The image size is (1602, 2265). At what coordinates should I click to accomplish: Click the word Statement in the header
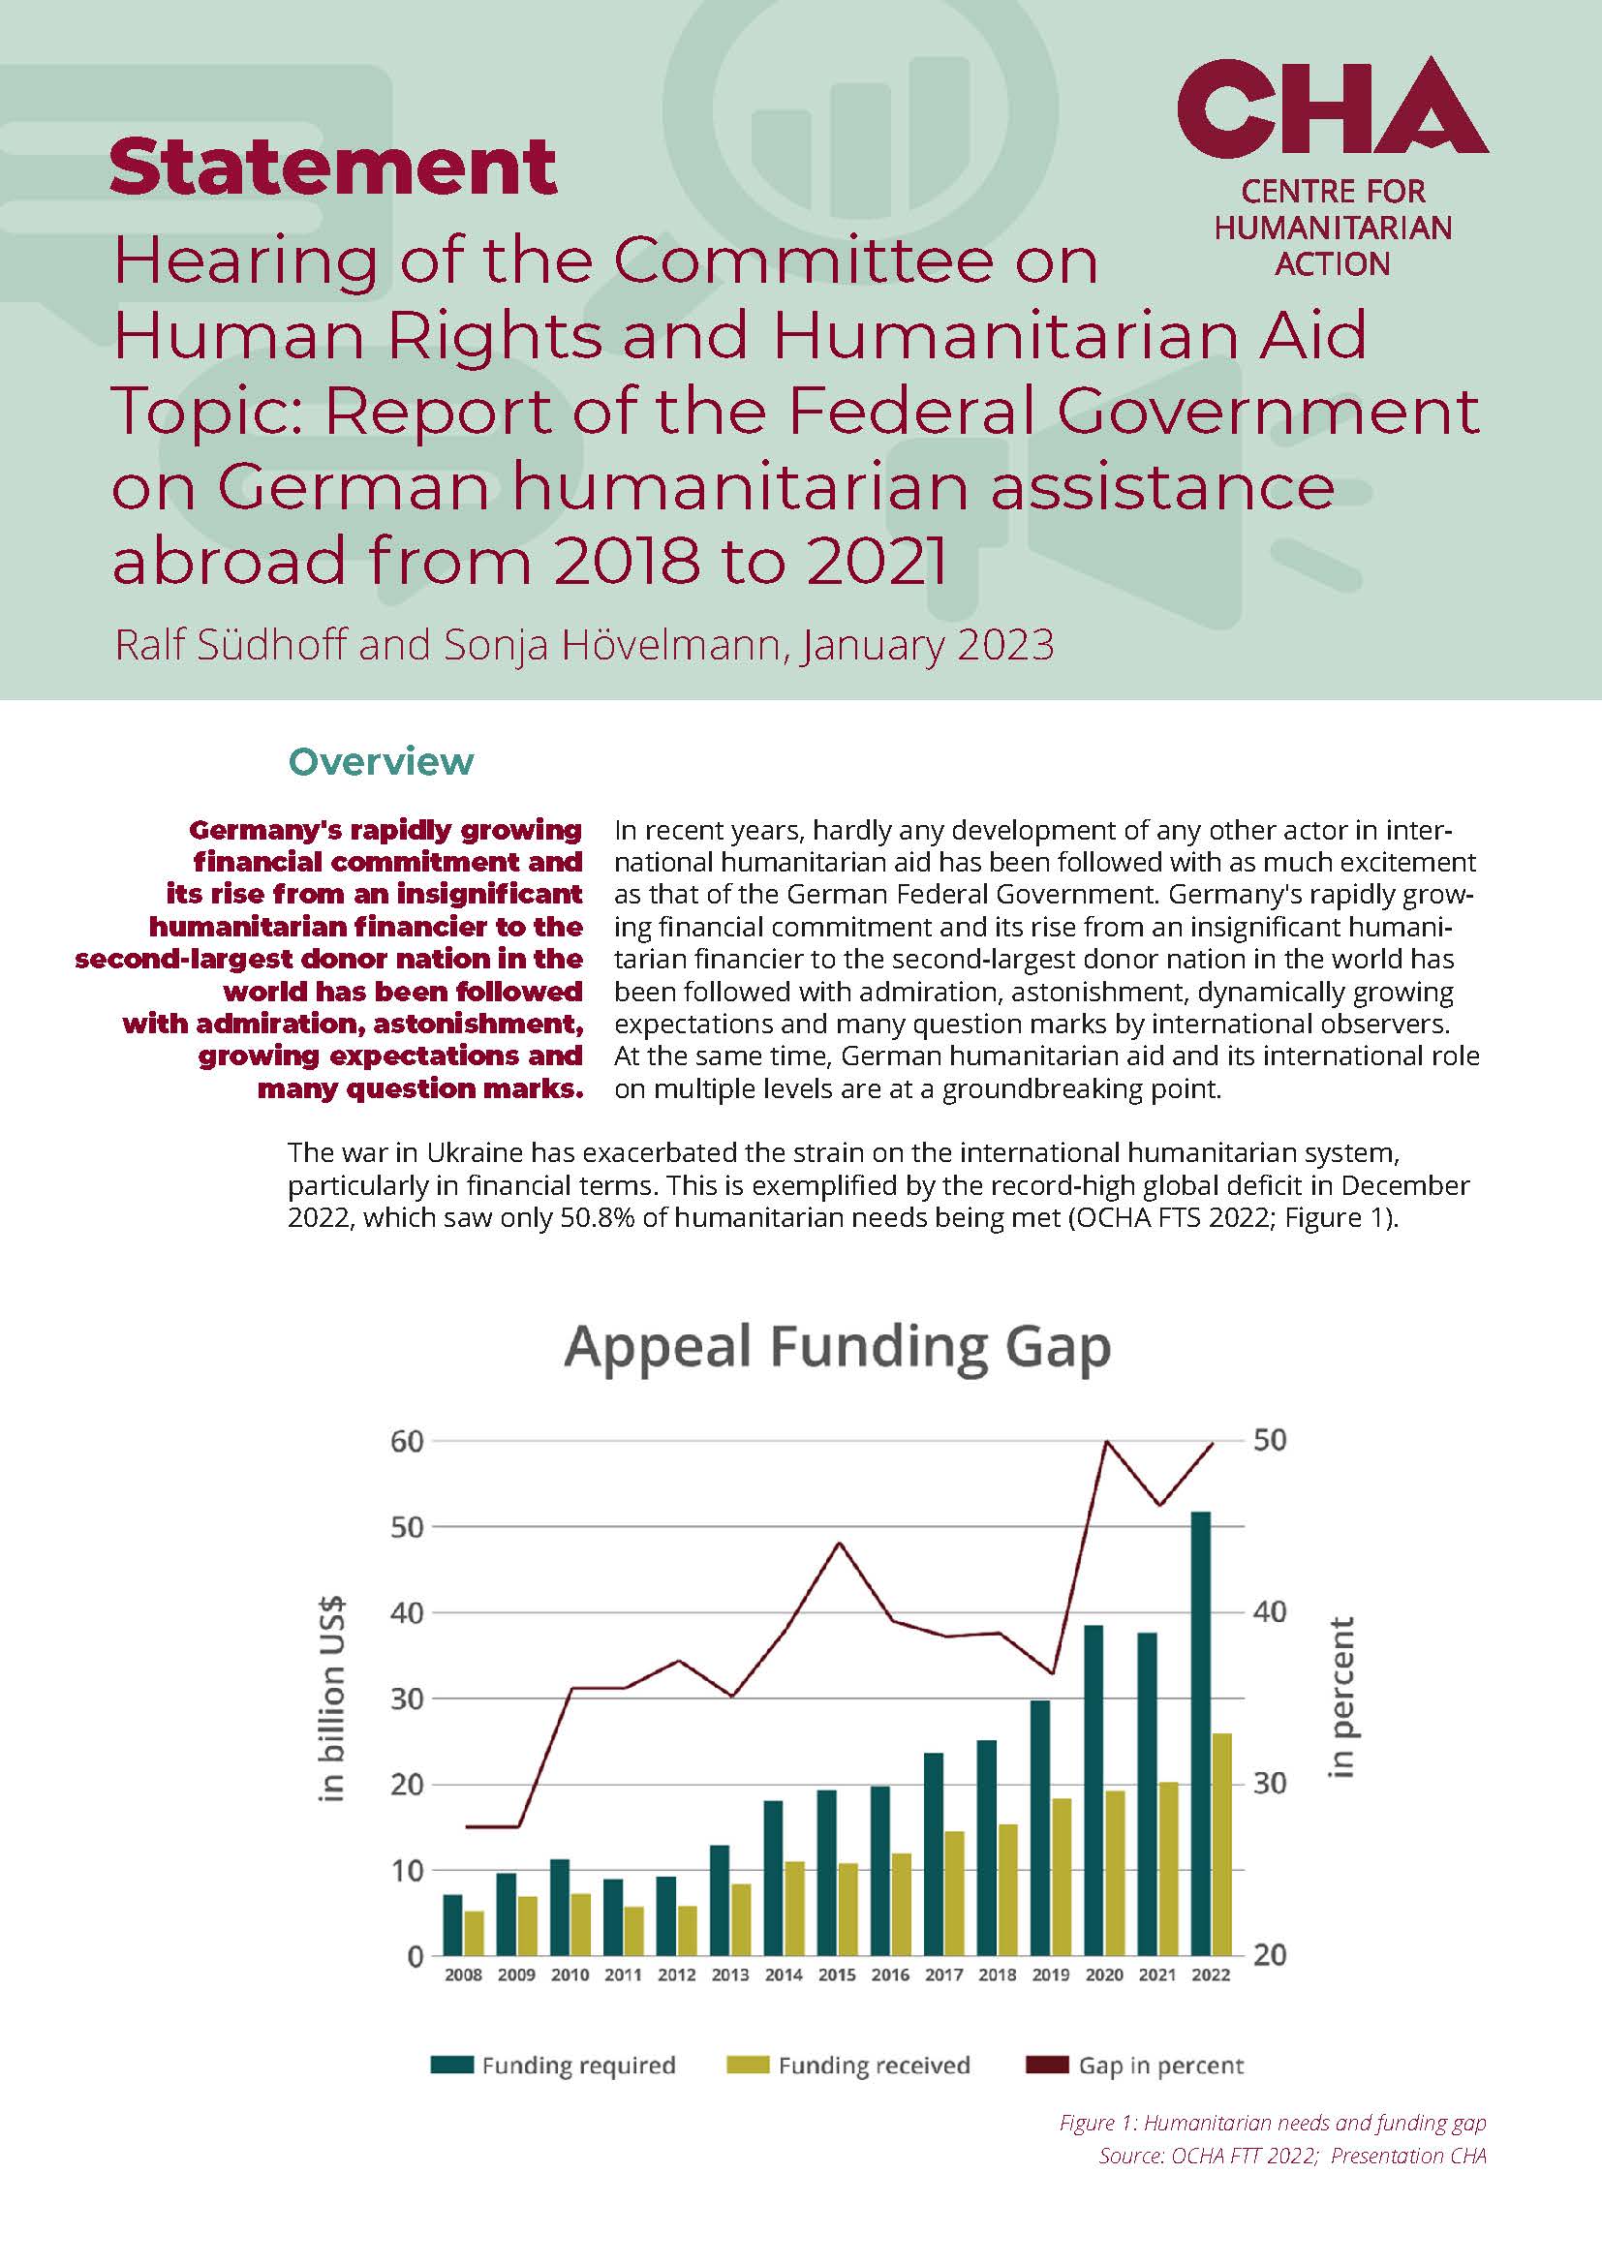(x=333, y=166)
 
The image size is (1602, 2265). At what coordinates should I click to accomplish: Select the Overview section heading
(x=381, y=761)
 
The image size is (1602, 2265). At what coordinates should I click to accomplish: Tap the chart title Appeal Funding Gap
(x=838, y=1347)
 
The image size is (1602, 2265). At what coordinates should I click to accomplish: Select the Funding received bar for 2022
(x=1222, y=1846)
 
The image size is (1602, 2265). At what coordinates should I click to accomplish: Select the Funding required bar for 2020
(x=1094, y=1791)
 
